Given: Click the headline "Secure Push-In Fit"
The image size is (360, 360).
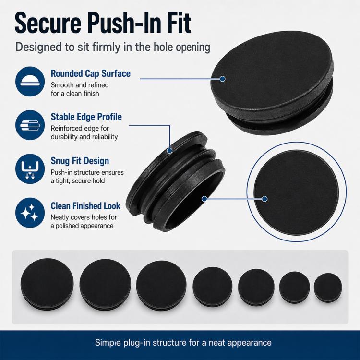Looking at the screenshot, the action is click(103, 23).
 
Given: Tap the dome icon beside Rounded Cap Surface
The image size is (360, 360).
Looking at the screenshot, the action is click(30, 82).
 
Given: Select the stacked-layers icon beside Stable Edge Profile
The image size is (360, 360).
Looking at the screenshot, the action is click(30, 125).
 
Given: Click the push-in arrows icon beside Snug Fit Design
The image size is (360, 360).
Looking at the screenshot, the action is click(30, 169).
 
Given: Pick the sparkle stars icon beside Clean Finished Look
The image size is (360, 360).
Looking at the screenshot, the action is click(30, 213).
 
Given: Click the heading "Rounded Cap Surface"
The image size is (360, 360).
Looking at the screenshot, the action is click(90, 73).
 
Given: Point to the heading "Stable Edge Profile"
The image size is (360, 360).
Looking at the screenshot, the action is click(86, 117).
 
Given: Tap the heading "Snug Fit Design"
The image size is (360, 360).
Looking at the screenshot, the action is click(80, 161).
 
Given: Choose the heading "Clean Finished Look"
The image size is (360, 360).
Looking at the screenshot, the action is click(85, 206).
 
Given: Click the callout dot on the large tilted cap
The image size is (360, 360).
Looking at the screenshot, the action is click(222, 79).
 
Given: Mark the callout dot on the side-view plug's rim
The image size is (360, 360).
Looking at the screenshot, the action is click(169, 151).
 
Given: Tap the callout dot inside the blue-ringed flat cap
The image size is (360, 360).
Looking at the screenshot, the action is click(264, 199).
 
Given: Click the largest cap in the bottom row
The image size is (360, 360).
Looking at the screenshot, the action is click(47, 284).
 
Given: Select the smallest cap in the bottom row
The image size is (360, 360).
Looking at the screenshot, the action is click(328, 288).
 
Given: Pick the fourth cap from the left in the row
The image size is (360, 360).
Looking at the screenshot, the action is click(212, 287).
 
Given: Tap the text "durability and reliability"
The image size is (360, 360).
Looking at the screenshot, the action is click(84, 137).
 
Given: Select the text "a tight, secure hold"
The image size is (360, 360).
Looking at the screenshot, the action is click(78, 181).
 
